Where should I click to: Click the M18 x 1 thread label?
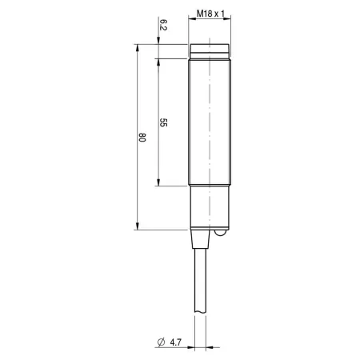click(210, 14)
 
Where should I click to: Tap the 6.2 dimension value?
click(163, 25)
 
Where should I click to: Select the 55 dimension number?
click(163, 122)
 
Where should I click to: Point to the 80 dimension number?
click(142, 137)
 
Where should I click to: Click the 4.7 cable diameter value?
click(175, 342)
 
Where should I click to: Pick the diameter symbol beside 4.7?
click(161, 342)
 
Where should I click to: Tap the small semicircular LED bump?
click(221, 233)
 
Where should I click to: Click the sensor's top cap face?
click(210, 48)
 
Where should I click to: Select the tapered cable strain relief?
click(200, 239)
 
